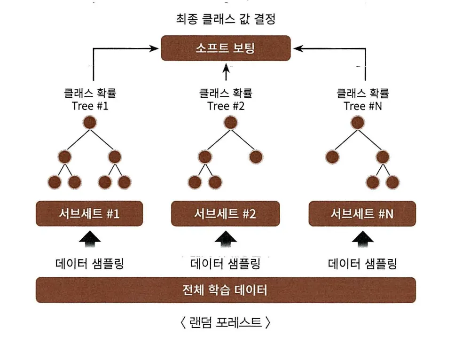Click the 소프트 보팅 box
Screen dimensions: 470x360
[x=226, y=48]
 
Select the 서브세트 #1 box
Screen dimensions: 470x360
[x=89, y=213]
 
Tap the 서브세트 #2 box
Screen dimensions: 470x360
[x=226, y=213]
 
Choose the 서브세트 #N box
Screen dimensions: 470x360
[x=362, y=213]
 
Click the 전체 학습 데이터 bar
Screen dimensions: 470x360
[x=226, y=290]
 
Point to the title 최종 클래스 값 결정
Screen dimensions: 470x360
[x=226, y=19]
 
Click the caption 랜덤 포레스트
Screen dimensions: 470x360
[x=226, y=322]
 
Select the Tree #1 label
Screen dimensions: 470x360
[x=90, y=106]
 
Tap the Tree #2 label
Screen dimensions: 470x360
[x=226, y=106]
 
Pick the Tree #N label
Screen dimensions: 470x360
[x=363, y=106]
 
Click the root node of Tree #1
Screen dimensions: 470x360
[x=90, y=123]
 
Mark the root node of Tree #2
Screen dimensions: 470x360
[x=230, y=123]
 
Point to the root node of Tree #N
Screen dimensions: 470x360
[x=358, y=123]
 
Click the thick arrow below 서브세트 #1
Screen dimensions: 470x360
[x=90, y=239]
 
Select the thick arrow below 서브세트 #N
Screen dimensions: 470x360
[x=363, y=239]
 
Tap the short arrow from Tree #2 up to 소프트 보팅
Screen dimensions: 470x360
[x=227, y=71]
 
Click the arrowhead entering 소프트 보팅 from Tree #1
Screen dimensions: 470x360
[x=154, y=48]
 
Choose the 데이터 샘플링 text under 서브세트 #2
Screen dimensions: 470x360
[x=226, y=264]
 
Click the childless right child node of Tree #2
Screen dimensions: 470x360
[x=256, y=157]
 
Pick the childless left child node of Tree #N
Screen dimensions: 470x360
[x=332, y=157]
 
